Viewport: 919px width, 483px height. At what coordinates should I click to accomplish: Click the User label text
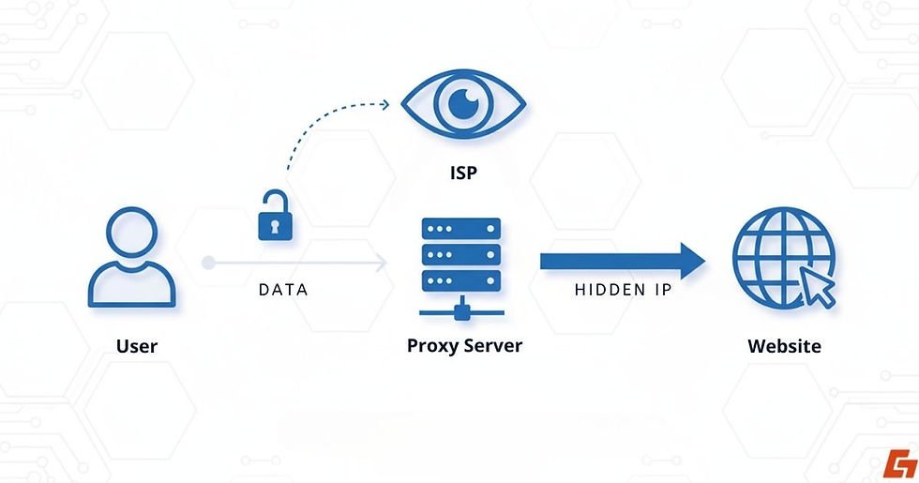137,346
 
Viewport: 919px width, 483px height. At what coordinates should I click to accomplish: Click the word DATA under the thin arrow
283,290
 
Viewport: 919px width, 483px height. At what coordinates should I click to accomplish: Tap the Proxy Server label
464,345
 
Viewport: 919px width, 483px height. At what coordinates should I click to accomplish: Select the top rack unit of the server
460,229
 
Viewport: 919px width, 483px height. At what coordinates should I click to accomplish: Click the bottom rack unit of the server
460,280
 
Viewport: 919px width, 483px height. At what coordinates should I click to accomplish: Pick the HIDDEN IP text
624,290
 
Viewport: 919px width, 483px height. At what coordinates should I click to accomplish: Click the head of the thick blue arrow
691,261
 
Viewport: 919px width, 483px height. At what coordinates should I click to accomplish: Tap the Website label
784,346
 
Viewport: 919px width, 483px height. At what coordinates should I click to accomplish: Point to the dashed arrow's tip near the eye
387,104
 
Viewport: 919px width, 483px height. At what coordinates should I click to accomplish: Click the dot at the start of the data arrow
208,263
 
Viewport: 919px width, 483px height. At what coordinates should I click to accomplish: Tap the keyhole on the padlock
274,227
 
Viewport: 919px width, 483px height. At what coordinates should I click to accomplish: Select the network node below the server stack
460,307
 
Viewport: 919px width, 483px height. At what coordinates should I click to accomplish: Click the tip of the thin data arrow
384,263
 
